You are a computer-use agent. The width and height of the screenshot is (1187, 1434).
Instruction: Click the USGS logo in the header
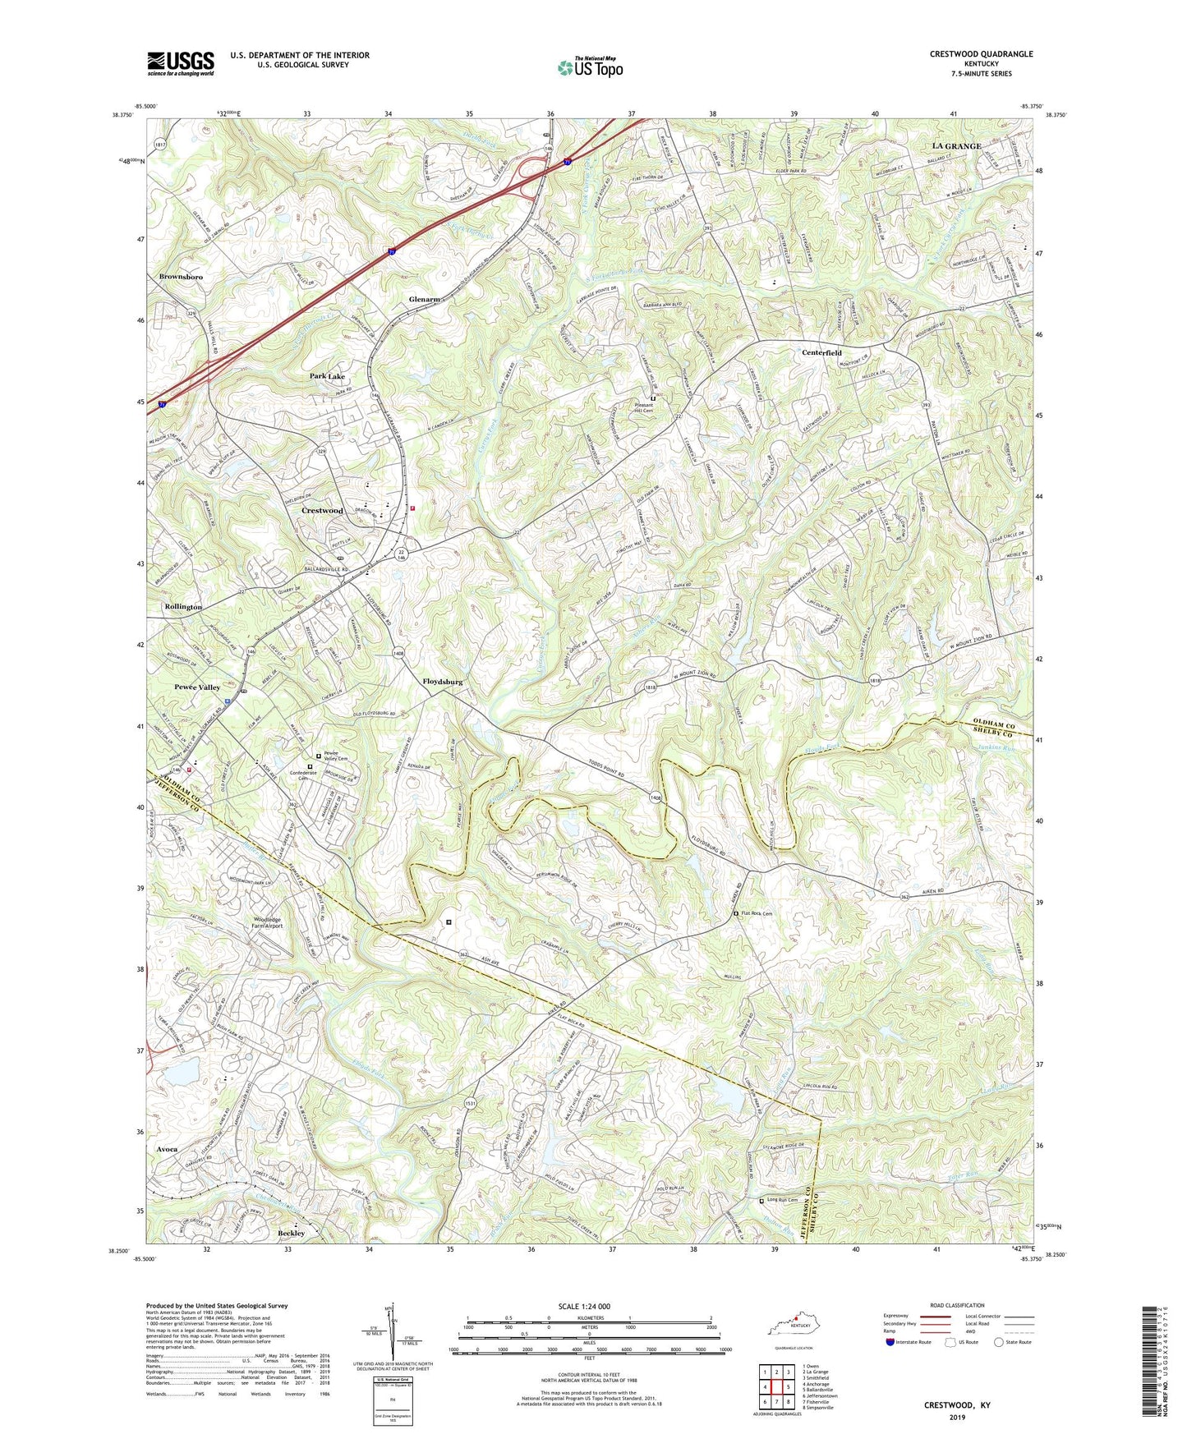click(181, 62)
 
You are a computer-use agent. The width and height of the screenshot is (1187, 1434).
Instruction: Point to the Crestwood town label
click(322, 511)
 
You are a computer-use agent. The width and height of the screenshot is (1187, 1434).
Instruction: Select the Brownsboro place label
click(181, 278)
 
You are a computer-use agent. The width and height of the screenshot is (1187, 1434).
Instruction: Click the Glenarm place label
click(425, 300)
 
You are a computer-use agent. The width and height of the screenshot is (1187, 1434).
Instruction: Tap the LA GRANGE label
click(956, 146)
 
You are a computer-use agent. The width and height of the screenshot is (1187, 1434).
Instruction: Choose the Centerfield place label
click(821, 352)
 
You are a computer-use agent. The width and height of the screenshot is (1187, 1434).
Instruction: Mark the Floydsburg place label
click(443, 682)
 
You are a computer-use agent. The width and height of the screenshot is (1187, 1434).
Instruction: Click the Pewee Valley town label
click(197, 687)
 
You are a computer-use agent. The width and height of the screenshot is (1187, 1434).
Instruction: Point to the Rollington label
click(183, 606)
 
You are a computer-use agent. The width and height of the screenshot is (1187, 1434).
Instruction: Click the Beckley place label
click(291, 1233)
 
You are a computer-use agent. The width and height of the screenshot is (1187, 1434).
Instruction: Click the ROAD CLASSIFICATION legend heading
click(958, 1305)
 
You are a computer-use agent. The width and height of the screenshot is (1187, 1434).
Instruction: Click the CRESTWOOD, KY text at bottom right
click(957, 1405)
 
